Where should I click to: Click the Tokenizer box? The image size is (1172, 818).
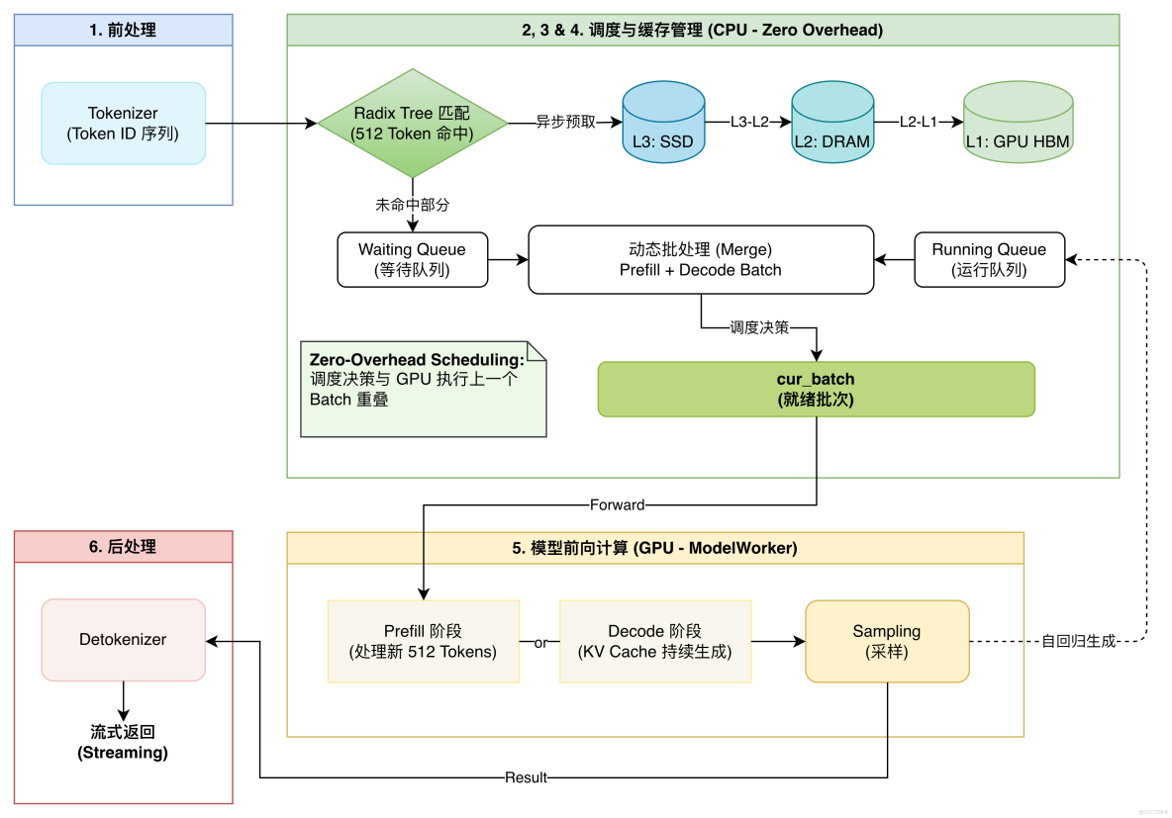pos(124,123)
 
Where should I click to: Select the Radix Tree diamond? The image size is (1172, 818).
pos(412,124)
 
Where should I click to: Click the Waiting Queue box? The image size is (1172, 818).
pos(412,259)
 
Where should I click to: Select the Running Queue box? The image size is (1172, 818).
pos(989,259)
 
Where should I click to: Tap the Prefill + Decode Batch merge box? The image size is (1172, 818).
pos(701,259)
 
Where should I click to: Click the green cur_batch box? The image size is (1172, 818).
pos(816,389)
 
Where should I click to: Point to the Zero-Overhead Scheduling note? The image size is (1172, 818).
pos(423,389)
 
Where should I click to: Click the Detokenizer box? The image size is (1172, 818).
pos(124,640)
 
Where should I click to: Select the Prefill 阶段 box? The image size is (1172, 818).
pos(423,641)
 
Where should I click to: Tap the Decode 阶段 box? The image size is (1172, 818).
pos(654,641)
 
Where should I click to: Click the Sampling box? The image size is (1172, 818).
pos(887,641)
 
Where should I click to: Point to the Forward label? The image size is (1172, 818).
pos(617,504)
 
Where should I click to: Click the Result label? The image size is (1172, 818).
pos(526,777)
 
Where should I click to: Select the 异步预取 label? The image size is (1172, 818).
pos(566,123)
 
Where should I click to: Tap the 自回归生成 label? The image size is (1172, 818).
pos(1078,641)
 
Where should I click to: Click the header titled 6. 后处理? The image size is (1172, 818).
pos(124,546)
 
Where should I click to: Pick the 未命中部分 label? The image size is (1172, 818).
pos(412,205)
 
